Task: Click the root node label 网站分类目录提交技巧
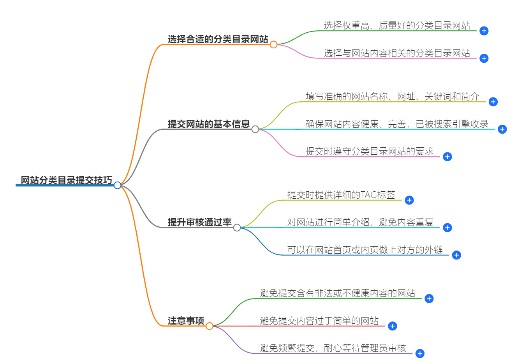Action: click(66, 180)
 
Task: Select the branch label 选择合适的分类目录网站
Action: click(218, 39)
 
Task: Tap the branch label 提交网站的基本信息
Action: click(209, 124)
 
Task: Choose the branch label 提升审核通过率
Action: click(199, 222)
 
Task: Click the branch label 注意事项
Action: click(186, 321)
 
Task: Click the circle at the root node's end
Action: click(118, 185)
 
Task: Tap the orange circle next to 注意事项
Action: click(210, 326)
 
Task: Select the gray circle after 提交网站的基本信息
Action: click(255, 129)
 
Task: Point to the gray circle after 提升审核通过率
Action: click(237, 228)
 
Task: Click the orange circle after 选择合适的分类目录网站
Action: click(273, 44)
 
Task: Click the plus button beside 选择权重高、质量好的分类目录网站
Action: click(484, 31)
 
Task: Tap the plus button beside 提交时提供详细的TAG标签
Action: click(409, 200)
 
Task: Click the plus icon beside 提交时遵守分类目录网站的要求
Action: click(447, 157)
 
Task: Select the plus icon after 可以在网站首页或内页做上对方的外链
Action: click(456, 255)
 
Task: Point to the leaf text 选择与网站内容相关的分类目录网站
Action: click(397, 53)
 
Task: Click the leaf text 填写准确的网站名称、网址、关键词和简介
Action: click(392, 96)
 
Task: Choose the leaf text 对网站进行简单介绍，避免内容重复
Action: click(360, 222)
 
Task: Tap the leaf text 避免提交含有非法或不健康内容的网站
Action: click(337, 293)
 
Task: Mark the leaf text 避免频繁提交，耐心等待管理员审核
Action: click(333, 348)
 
